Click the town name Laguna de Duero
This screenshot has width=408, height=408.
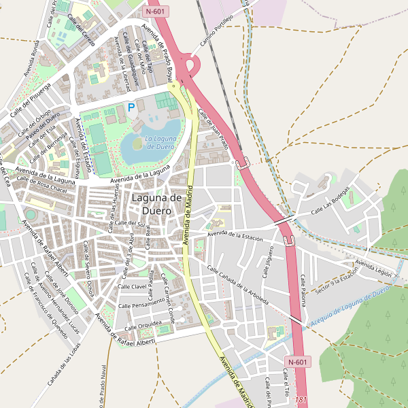pos(156,204)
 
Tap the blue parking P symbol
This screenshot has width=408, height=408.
pos(131,107)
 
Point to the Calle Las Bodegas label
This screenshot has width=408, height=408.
pos(335,203)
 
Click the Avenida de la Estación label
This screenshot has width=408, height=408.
pos(235,236)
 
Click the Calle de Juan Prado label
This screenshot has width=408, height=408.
pos(213,129)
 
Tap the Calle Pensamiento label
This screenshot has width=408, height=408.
pos(141,303)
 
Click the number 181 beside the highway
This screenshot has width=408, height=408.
pos(303,401)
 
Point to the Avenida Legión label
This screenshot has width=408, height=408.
pos(374,267)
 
